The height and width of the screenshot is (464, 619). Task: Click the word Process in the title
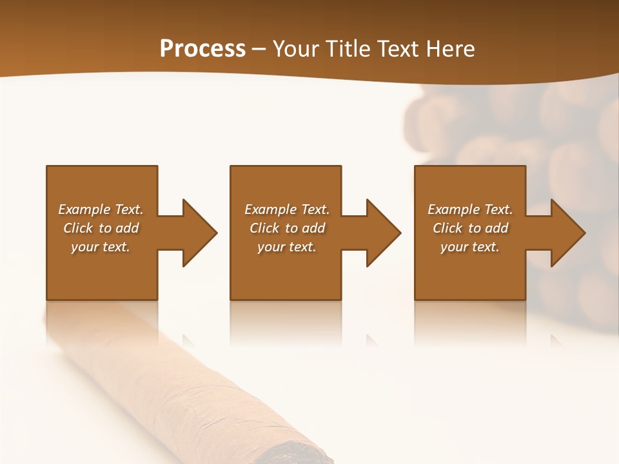(202, 49)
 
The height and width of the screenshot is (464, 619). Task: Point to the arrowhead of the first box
(200, 233)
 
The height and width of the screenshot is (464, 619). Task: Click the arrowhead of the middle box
(384, 233)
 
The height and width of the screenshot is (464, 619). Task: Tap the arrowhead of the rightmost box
(568, 233)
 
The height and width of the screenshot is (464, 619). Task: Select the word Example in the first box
(84, 209)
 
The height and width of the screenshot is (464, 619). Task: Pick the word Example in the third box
(454, 209)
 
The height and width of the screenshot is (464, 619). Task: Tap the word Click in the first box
(78, 228)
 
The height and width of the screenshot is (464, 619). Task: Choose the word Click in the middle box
(264, 228)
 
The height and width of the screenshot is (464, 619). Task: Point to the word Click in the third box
(447, 228)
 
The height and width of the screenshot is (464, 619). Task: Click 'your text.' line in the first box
(101, 247)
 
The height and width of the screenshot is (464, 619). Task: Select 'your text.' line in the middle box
(287, 247)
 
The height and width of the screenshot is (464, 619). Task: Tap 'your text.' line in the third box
(470, 247)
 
